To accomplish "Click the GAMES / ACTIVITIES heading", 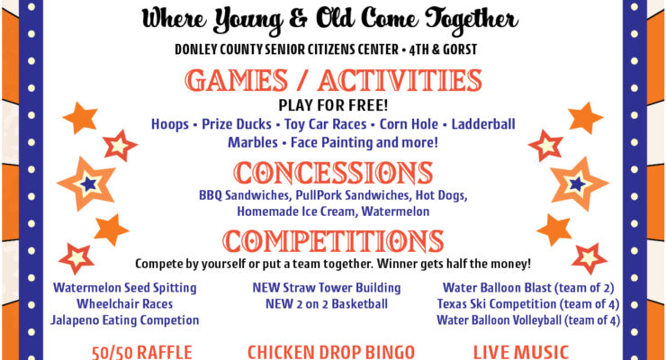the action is tap(333, 80).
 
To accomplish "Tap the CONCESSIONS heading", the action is tap(333, 173).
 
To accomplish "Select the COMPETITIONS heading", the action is tap(333, 240).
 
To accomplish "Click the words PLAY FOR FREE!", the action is tap(333, 105).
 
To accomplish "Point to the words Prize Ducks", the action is tap(237, 124).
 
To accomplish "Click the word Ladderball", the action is tap(483, 124).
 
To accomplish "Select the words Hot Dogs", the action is tap(441, 195).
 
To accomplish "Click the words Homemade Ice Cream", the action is tap(297, 211).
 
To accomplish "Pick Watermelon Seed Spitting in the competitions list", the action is tap(125, 288).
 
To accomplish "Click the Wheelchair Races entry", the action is tap(125, 304).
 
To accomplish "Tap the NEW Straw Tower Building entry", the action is tap(327, 288).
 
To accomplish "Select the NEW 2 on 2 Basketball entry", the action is tap(327, 304).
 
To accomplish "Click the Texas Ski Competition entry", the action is tap(528, 304).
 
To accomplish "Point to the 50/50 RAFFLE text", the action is tap(142, 353).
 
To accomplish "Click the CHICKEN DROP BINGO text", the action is tap(331, 353).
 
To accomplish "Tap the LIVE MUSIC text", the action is tap(521, 353).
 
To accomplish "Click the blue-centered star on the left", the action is tap(88, 184).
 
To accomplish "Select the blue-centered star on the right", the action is tap(577, 184).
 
